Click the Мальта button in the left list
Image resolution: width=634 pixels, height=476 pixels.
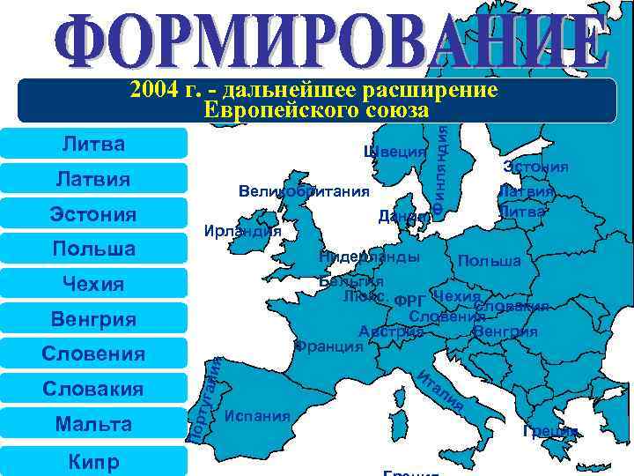click(93, 424)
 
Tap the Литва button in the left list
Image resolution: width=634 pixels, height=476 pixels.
click(93, 143)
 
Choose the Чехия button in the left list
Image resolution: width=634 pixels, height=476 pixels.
click(93, 284)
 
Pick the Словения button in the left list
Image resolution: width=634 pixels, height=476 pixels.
click(93, 353)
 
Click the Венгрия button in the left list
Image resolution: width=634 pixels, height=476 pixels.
click(93, 319)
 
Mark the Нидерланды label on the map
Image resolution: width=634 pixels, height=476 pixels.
click(369, 257)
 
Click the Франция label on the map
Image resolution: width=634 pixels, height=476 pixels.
click(329, 346)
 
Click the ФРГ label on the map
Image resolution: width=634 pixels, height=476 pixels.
click(410, 301)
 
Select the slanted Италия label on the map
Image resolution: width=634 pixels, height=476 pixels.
click(440, 390)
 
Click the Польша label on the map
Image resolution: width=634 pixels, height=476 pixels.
click(490, 262)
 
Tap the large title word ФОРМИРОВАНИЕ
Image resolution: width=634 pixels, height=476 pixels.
click(329, 37)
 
